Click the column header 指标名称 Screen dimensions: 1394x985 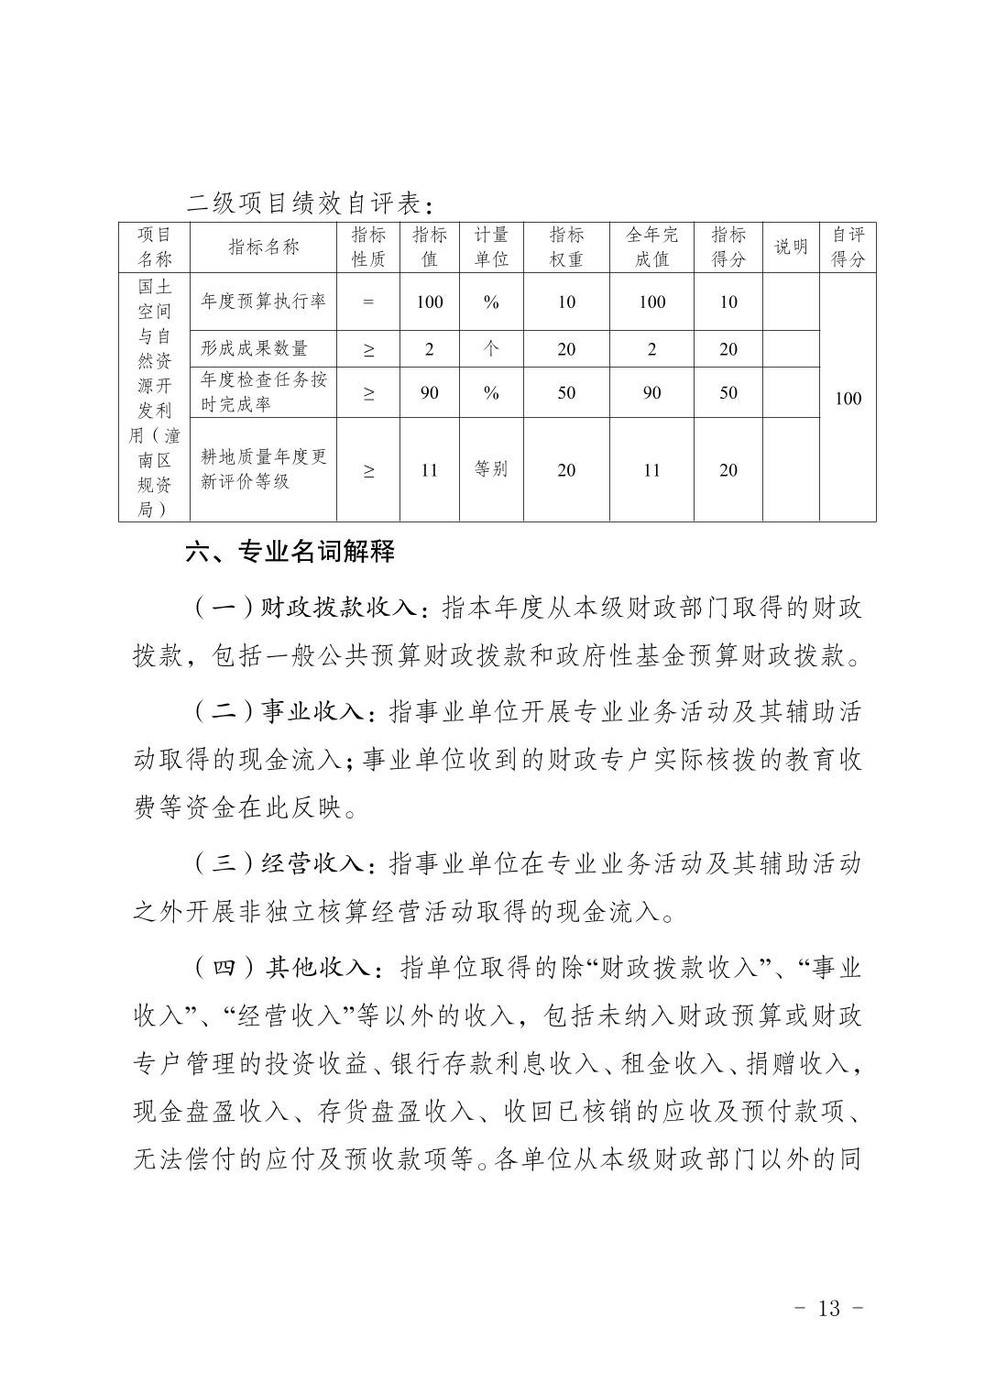pos(263,247)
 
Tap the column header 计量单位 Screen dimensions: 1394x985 pos(491,247)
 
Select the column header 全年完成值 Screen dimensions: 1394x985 pos(651,247)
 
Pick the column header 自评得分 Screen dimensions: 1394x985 pos(848,247)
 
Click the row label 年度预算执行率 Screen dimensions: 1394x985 pos(263,301)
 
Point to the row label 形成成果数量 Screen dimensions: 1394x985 pos(255,348)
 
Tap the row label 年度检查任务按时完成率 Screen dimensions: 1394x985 pos(263,392)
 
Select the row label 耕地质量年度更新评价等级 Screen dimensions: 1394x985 pos(263,469)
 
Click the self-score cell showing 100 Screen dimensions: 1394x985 pos(848,398)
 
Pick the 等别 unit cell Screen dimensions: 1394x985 pos(491,469)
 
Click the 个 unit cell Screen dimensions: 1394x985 pos(491,348)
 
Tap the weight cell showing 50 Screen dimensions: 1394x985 pos(566,392)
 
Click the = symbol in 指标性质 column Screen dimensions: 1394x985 pos(368,301)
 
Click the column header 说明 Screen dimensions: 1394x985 pos(791,247)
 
